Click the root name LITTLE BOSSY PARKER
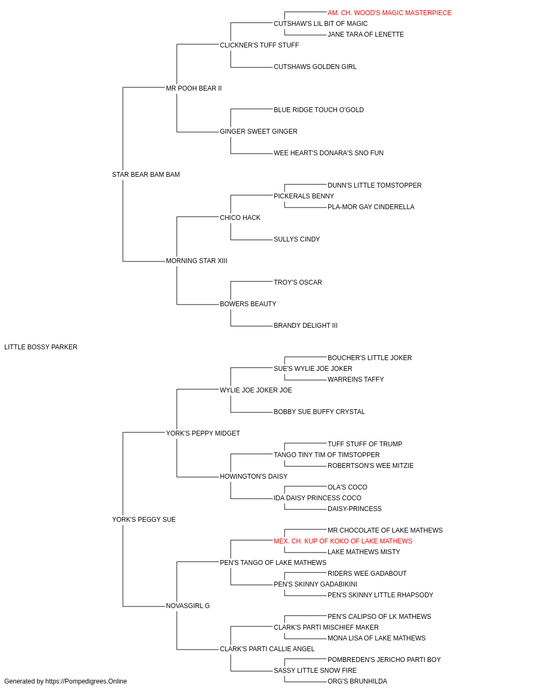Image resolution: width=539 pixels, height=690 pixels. coord(40,347)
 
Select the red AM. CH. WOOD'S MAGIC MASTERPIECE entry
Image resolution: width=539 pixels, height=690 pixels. coord(389,13)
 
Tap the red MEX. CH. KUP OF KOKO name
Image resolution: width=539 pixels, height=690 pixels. coord(343,541)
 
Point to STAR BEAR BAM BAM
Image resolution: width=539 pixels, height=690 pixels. coord(146,175)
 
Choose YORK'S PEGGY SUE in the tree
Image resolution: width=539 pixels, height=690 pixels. coord(144,520)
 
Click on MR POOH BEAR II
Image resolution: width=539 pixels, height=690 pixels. coord(194,88)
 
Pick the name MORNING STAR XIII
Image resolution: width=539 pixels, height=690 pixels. coord(197,261)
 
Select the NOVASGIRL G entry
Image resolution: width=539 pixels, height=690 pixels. coord(188,606)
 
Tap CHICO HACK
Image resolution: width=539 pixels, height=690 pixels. coord(240,217)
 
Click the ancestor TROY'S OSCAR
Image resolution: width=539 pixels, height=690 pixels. coord(298,282)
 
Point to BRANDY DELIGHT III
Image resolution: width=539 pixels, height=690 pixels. coord(306,326)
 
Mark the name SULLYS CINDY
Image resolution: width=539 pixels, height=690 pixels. coord(296,239)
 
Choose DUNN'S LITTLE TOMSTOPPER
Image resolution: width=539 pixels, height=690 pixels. coord(374,185)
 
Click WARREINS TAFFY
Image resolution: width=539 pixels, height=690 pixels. coord(356,379)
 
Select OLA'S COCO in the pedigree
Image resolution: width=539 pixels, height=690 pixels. coord(347,487)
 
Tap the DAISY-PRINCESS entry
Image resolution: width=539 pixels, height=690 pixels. coord(355,509)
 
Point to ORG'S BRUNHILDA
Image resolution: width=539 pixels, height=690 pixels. coord(357,681)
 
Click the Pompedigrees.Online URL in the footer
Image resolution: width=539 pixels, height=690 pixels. coord(86,681)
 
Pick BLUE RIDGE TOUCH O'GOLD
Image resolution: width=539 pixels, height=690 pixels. coord(319,110)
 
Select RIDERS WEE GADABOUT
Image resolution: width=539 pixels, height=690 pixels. coord(367,574)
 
